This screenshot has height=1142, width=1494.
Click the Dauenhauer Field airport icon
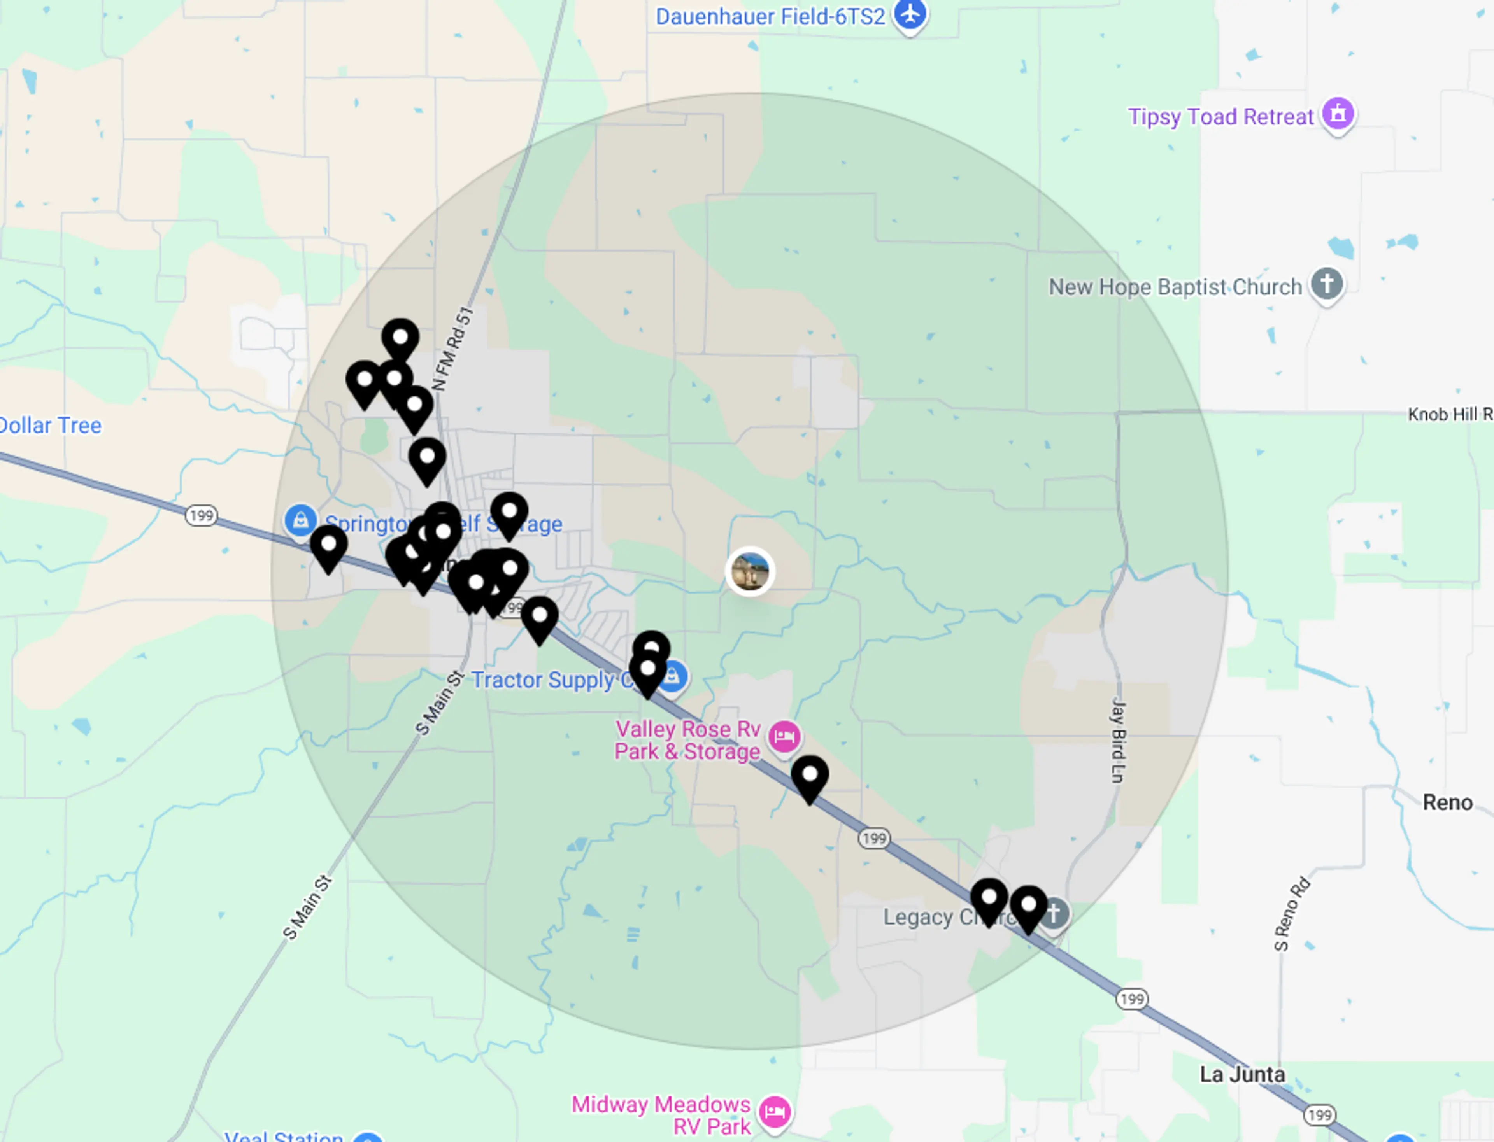point(910,14)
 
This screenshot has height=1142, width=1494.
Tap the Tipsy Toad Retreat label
point(1220,117)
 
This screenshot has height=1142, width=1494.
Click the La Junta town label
point(1242,1074)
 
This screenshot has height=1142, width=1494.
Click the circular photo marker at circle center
point(750,571)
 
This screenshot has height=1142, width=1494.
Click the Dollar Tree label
point(50,426)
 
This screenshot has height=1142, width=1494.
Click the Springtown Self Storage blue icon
point(300,521)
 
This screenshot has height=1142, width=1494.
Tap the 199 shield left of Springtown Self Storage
point(201,515)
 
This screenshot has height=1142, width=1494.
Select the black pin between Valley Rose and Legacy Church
point(809,776)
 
